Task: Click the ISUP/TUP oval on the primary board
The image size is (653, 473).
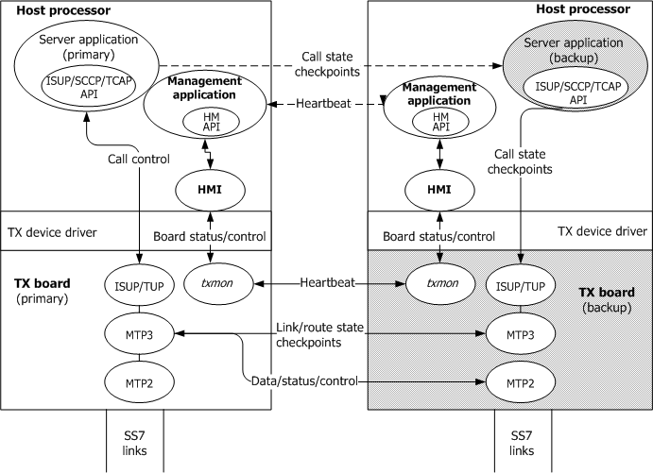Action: (140, 283)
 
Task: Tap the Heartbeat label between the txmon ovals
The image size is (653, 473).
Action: (328, 282)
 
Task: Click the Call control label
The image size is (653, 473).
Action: (140, 160)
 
